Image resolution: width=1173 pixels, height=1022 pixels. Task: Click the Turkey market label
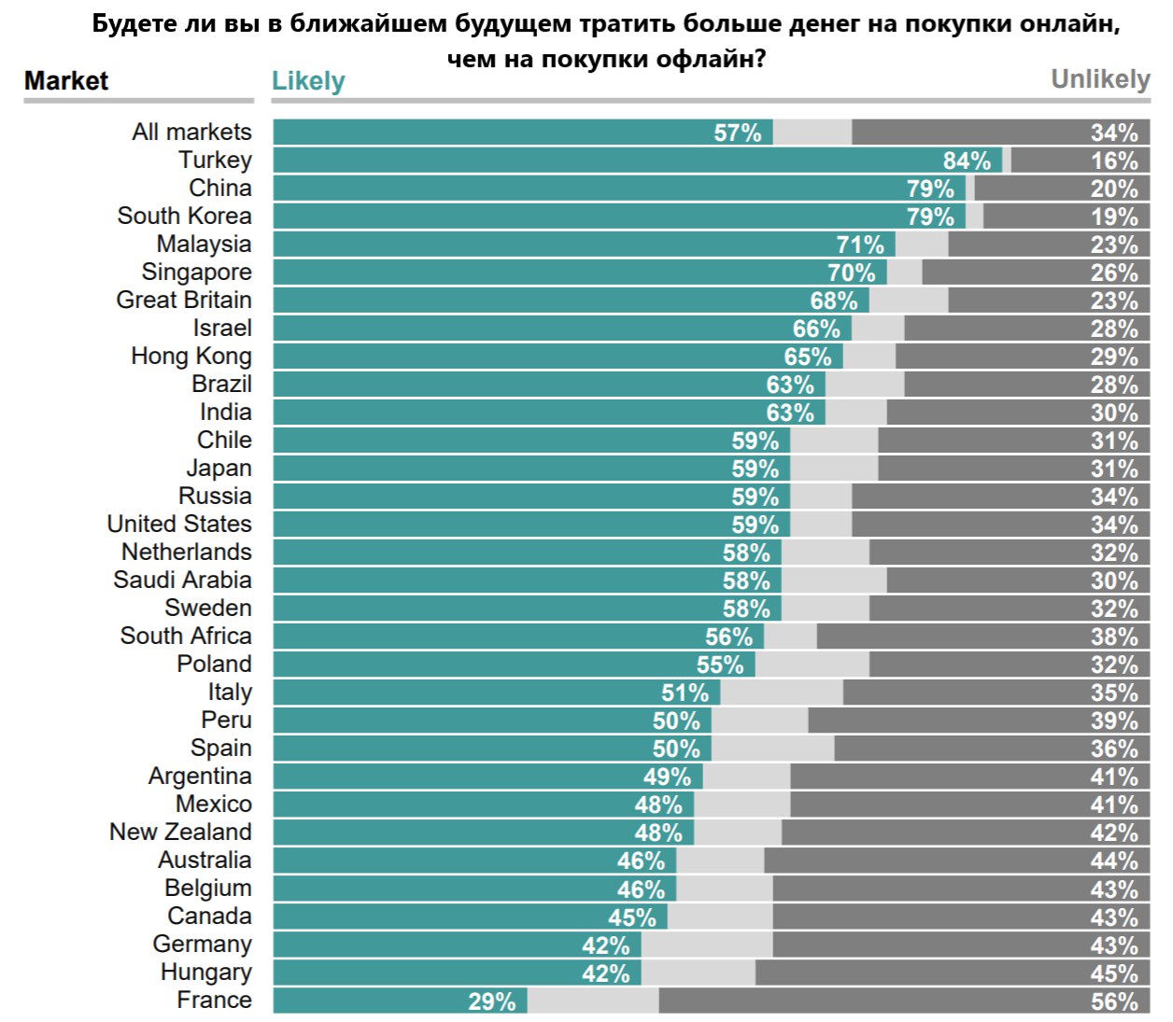click(x=215, y=160)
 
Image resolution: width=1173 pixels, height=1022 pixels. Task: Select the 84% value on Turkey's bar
click(x=967, y=161)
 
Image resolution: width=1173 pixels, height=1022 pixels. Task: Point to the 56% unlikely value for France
click(x=1114, y=1001)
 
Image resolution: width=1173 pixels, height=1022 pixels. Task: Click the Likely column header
click(x=308, y=81)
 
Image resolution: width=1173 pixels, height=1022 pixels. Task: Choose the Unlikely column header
click(x=1100, y=79)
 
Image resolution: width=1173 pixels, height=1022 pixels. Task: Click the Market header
click(x=66, y=81)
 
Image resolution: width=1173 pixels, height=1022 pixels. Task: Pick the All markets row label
click(x=191, y=132)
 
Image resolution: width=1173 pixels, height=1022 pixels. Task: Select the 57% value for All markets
click(x=737, y=133)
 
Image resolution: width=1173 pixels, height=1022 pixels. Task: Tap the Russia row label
click(x=215, y=496)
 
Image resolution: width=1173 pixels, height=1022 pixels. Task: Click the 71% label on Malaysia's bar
click(x=859, y=245)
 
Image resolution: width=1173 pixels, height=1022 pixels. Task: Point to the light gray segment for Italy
click(x=782, y=693)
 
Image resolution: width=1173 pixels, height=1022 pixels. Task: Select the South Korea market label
click(x=184, y=216)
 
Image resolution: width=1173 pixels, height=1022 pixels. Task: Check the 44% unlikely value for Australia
click(x=1114, y=861)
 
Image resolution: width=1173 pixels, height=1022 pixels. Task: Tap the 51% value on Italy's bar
click(x=685, y=693)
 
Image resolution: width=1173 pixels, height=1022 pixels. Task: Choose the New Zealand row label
click(x=180, y=832)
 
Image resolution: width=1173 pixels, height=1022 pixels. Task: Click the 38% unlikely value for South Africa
click(x=1114, y=637)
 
